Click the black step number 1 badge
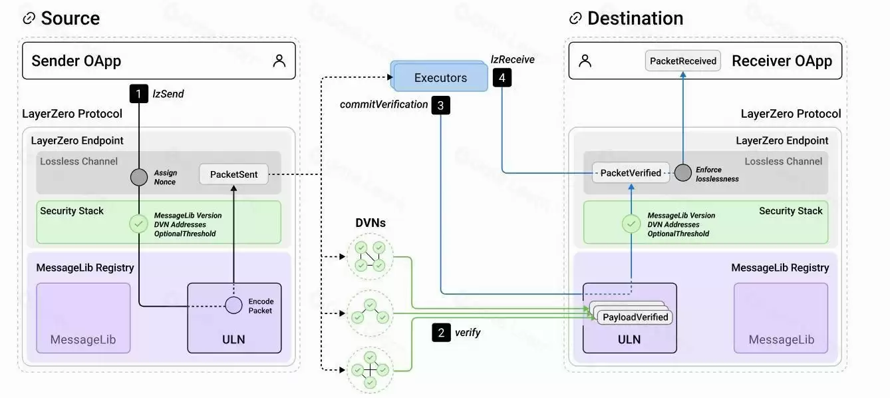(138, 94)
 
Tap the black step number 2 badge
(441, 332)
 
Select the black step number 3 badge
(441, 104)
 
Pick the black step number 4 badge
(502, 78)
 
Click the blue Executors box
(440, 78)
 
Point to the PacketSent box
(233, 174)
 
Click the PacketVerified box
(630, 173)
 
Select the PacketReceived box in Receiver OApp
(683, 61)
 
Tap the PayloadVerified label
(635, 317)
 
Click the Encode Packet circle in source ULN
(233, 305)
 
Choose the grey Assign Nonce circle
(138, 177)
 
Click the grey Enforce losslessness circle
(683, 173)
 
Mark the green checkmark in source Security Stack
(138, 224)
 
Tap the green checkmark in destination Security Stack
(631, 224)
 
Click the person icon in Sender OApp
(279, 61)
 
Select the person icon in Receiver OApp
(585, 61)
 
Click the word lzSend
(168, 94)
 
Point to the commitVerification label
(384, 104)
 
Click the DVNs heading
(369, 223)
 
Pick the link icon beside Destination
(575, 19)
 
